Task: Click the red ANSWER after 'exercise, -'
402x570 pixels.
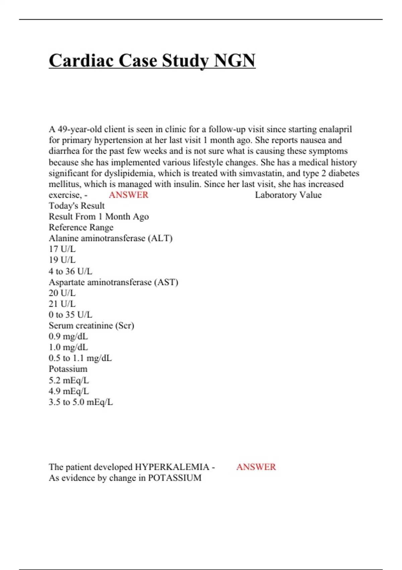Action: (129, 195)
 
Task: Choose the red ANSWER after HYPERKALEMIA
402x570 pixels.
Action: (256, 467)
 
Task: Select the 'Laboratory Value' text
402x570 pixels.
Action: (288, 195)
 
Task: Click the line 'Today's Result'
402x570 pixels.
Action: (77, 206)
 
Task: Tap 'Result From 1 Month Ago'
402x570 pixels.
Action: (99, 217)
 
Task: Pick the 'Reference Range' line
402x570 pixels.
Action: (81, 227)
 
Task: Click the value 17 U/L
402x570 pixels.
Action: (62, 249)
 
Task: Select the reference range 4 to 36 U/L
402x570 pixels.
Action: (70, 271)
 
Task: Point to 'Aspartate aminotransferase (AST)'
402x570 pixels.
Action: (114, 282)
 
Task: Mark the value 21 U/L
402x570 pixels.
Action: (62, 304)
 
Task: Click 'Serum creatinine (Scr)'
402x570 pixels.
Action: (91, 326)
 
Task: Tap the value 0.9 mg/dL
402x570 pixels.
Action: (68, 336)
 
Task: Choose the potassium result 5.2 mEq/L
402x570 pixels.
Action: (69, 380)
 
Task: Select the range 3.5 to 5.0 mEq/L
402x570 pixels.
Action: (81, 402)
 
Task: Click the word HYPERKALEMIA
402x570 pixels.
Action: (172, 467)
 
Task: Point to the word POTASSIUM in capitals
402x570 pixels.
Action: (175, 478)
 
